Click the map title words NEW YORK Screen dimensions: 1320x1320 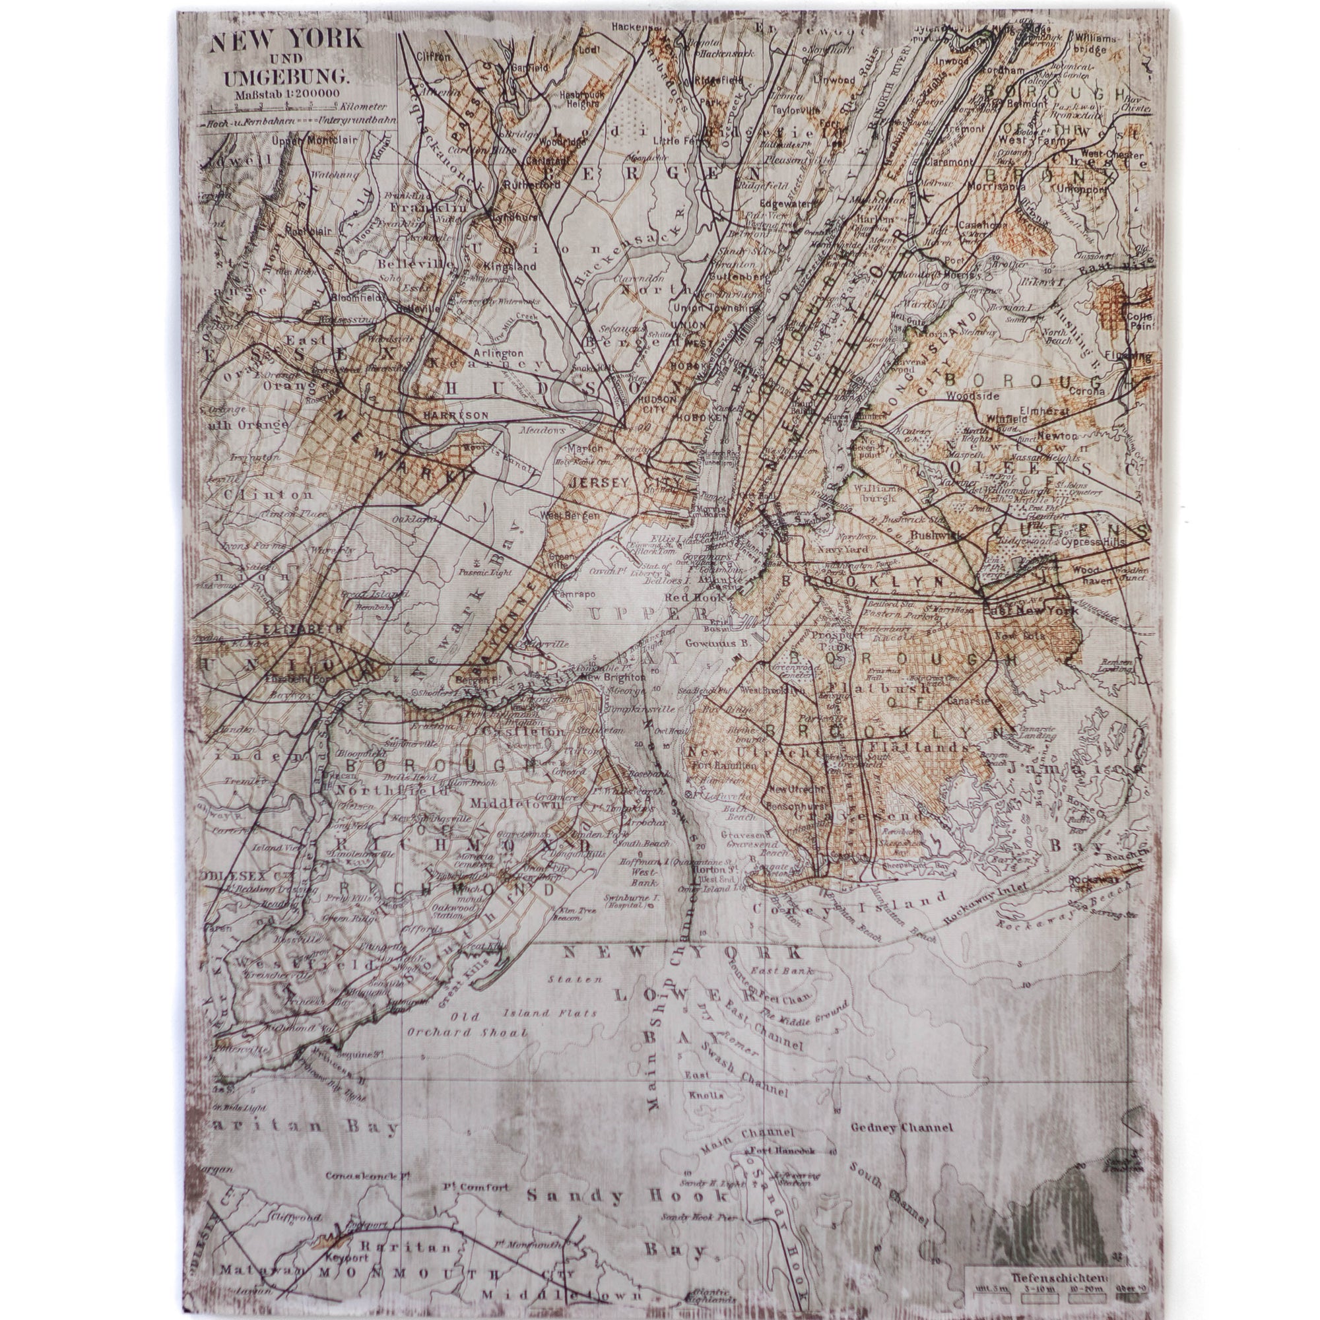pos(286,40)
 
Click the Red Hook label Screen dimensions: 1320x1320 pos(692,596)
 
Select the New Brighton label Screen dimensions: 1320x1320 pos(612,676)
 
